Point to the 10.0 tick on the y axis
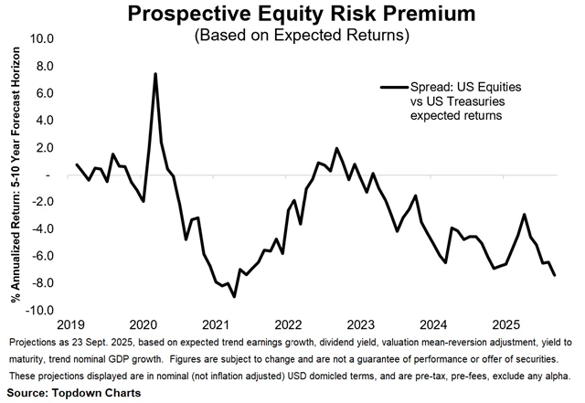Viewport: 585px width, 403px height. coord(43,39)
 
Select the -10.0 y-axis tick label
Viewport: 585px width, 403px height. coord(41,311)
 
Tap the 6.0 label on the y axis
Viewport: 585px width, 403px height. coord(46,93)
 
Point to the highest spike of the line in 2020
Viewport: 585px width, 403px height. coord(155,74)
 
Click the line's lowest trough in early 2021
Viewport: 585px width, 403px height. coord(234,296)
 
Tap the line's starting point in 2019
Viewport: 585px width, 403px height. coord(77,164)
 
